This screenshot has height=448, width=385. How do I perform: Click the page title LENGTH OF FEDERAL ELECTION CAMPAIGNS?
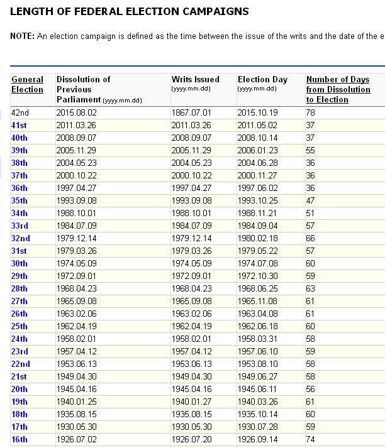coord(130,11)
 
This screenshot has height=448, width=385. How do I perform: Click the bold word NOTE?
coord(22,36)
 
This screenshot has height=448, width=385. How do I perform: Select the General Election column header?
coord(28,84)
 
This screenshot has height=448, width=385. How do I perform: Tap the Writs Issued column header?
coord(196,79)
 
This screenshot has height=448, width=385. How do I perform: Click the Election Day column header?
coord(262,79)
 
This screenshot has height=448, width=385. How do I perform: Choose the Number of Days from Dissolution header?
coord(338,89)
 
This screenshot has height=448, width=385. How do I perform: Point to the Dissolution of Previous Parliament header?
coord(84,89)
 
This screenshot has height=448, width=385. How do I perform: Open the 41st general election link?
coord(20,125)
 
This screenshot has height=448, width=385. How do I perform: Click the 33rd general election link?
coord(20,226)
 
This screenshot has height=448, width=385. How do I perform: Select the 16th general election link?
coord(20,439)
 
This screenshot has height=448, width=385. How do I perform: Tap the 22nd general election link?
coord(20,364)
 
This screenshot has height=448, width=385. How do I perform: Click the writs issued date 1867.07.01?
coord(191,112)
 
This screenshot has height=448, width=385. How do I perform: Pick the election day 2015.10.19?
coord(257,112)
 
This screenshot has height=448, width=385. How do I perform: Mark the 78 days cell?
coord(310,112)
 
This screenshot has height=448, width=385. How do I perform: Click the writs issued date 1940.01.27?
coord(191,402)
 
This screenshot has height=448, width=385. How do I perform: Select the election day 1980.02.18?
coord(257,238)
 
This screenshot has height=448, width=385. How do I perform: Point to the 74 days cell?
coord(310,439)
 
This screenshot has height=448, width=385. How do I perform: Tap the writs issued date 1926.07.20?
coord(191,439)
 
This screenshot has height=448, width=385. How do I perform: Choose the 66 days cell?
coord(310,238)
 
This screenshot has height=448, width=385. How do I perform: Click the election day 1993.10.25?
coord(257,200)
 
